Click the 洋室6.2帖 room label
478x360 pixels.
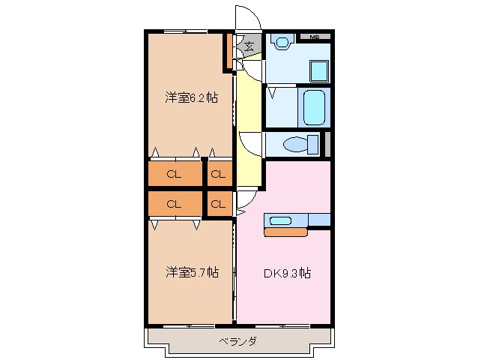coord(192,97)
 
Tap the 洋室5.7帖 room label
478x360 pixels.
coord(192,271)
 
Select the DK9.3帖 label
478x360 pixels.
coord(287,274)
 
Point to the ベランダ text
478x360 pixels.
coord(238,342)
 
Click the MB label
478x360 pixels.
coord(314,37)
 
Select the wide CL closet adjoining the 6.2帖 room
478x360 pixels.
coord(174,175)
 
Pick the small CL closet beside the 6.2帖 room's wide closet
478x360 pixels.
coord(218,175)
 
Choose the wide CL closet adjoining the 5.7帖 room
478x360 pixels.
coord(174,203)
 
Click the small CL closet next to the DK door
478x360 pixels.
coord(218,203)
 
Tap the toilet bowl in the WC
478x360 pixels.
coord(296,144)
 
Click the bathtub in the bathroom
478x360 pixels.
coord(313,107)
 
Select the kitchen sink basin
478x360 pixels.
coord(281,220)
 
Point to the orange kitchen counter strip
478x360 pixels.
coord(286,232)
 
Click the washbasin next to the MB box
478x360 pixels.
coord(282,43)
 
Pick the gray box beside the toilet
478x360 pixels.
coord(327,144)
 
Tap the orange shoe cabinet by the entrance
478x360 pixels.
coord(229,51)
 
